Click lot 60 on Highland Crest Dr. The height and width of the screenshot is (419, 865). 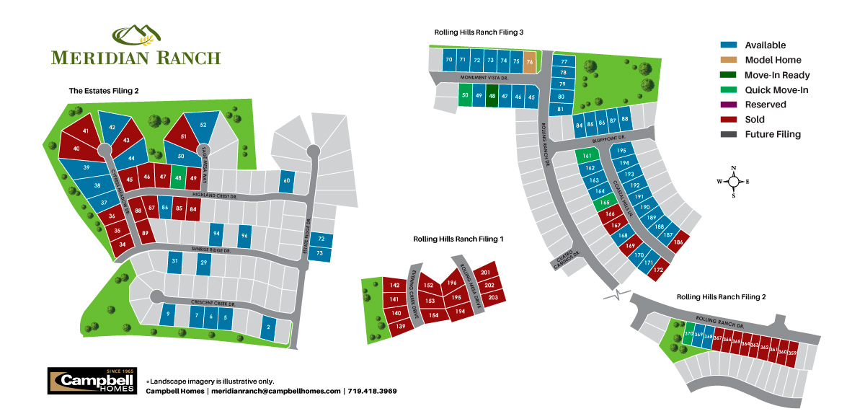(286, 181)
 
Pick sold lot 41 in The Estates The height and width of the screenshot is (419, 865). (86, 131)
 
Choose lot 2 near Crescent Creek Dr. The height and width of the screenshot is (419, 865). (268, 327)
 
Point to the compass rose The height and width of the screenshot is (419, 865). (734, 181)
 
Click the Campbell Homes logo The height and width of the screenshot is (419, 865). (93, 381)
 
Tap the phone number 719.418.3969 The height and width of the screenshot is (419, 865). (373, 391)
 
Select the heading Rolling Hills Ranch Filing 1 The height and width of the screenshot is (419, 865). (458, 239)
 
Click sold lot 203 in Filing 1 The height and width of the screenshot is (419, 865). (493, 297)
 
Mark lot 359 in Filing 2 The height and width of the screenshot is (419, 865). (791, 353)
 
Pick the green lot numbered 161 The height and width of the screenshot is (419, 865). (587, 156)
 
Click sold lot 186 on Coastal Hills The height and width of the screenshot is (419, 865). (678, 242)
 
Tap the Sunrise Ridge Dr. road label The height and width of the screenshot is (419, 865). (210, 250)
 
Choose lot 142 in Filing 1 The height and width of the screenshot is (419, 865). (394, 286)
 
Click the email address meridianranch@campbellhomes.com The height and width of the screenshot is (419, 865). (276, 391)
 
